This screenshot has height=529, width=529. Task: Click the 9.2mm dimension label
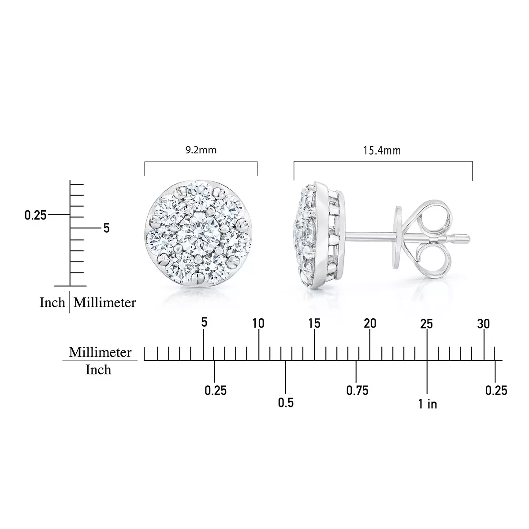(x=201, y=150)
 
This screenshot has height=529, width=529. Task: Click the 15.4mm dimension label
(x=382, y=150)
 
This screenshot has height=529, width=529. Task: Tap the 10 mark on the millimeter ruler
(x=258, y=324)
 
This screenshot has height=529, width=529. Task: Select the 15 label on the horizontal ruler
(x=314, y=324)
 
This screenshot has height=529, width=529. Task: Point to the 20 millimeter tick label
(x=370, y=324)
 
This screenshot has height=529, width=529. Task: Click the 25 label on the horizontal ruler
(x=427, y=324)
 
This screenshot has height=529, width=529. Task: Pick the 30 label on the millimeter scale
(x=484, y=324)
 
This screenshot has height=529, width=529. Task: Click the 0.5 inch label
(x=286, y=403)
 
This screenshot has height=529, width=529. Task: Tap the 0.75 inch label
(x=357, y=390)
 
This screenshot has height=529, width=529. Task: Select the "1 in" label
(x=428, y=404)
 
